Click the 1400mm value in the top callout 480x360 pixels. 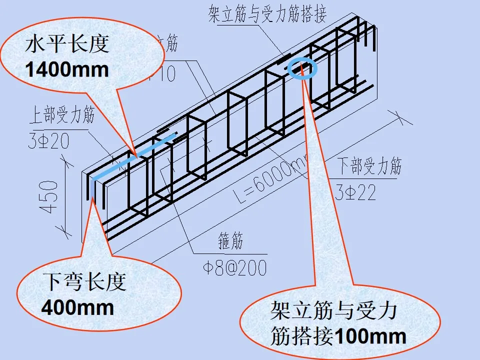[x=67, y=69]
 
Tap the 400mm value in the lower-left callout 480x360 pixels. [x=77, y=306]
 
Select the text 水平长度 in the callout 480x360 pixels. [x=67, y=46]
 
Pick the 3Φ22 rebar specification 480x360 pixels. [x=355, y=192]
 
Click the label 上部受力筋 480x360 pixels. [x=61, y=117]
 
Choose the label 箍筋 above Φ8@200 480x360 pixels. [x=230, y=242]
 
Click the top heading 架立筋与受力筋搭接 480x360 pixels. [x=267, y=14]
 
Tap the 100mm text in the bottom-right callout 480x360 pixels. [x=369, y=336]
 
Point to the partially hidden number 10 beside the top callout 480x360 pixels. [x=165, y=74]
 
